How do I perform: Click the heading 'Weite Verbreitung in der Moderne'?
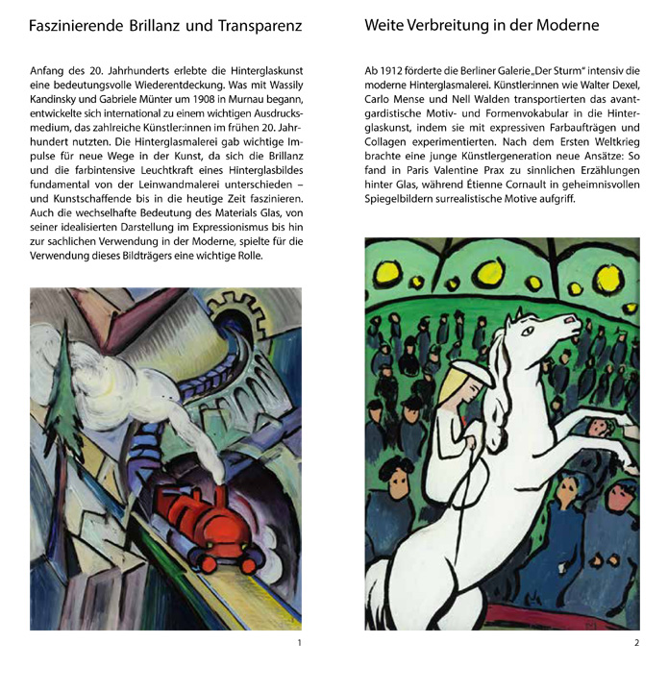point(482,26)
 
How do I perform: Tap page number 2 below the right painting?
point(636,642)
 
